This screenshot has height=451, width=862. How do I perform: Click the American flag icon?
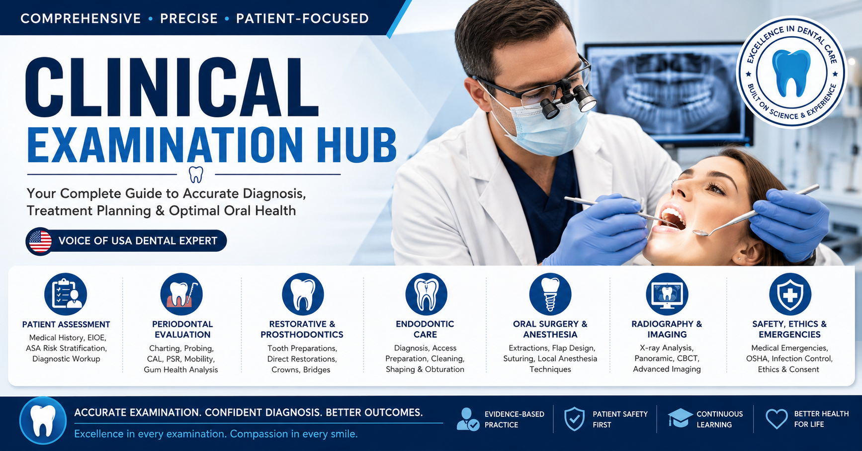click(40, 242)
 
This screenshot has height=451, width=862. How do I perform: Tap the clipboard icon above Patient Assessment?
click(66, 294)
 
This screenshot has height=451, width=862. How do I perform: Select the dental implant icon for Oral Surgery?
click(550, 294)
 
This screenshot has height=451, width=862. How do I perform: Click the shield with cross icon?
click(790, 294)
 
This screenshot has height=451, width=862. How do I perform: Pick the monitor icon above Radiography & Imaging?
click(667, 294)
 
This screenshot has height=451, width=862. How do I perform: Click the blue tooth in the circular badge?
click(791, 73)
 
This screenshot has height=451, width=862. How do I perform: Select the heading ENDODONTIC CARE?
click(425, 329)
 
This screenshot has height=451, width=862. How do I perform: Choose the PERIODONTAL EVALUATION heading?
click(182, 329)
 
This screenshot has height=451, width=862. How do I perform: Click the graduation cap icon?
click(680, 418)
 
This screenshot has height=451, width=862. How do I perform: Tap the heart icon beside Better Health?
click(776, 419)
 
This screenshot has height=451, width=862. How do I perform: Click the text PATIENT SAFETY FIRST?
click(620, 419)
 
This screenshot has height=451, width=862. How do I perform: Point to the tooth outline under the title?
click(196, 175)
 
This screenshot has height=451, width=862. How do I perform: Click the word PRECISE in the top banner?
click(189, 18)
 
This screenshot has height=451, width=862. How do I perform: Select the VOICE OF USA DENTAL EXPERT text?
click(138, 241)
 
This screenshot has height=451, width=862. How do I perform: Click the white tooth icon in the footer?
click(43, 421)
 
